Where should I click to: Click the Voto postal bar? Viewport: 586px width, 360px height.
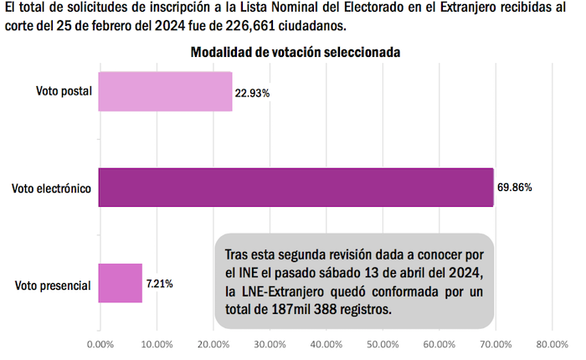pos(165,91)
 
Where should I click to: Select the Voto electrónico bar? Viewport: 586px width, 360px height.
pos(296,188)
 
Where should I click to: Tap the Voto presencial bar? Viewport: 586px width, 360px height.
pos(121,283)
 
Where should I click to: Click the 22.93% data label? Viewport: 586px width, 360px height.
pos(253,93)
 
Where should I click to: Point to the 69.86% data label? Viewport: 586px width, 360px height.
pos(515,188)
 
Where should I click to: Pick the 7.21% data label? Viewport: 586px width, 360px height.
pos(159,284)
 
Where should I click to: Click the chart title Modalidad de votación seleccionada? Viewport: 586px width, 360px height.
pos(296,52)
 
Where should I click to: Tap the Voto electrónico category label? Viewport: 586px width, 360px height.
pos(51,189)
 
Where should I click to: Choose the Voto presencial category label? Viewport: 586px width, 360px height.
pos(53,286)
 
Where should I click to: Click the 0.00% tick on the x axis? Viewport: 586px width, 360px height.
pos(100,343)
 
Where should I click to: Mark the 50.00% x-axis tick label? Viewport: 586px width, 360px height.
pos(382,343)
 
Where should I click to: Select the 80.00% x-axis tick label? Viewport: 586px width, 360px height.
pos(551,343)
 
